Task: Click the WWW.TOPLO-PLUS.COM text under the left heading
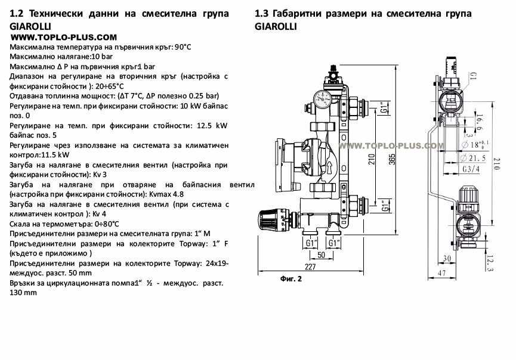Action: click(64, 37)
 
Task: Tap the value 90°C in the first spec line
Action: click(183, 46)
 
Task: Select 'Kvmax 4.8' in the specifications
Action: click(166, 194)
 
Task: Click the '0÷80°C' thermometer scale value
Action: click(107, 223)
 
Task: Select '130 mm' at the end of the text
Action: click(23, 293)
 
